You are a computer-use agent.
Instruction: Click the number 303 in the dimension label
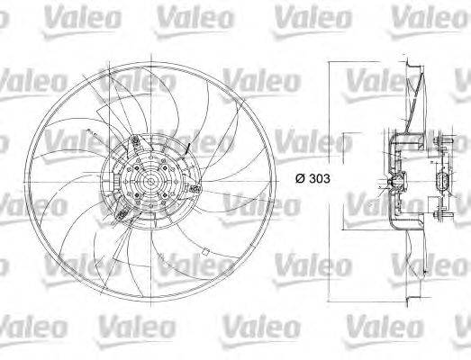[317, 178]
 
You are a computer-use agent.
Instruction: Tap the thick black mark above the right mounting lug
[186, 146]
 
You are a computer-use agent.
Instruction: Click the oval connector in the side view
[441, 184]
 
